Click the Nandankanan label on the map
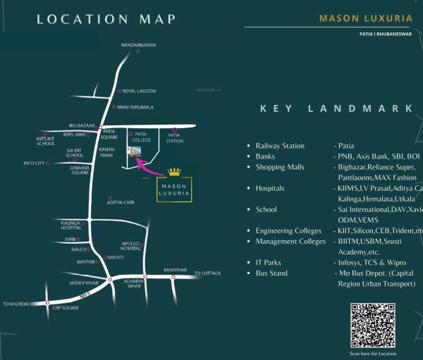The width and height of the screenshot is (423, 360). coord(138,45)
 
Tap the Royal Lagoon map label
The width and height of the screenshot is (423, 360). coord(139,92)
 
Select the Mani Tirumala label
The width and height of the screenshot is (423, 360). coord(135,107)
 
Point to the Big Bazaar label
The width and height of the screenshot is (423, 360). coord(82,125)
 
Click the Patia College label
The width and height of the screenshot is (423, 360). coord(142,137)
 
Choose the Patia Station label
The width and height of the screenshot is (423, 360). coord(175,137)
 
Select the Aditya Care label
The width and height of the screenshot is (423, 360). coord(121,202)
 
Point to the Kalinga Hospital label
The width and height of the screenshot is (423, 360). coord(70,225)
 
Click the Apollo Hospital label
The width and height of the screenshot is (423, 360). coord(131,246)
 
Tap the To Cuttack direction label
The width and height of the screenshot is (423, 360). coord(207,273)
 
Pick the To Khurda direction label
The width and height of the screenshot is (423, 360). coord(15,304)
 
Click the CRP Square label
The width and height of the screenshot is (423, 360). coord(64,309)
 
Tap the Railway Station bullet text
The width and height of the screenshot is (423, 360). coord(280,146)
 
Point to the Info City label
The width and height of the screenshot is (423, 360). coord(34,163)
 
